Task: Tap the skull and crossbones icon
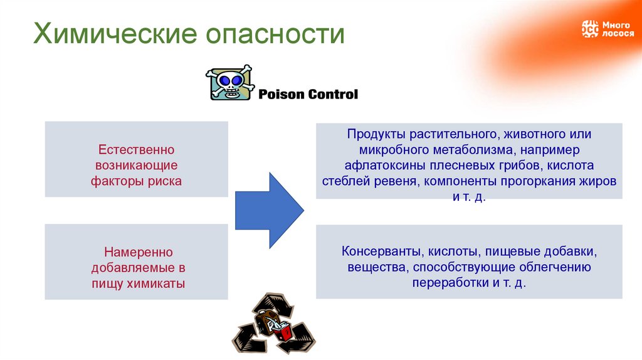[x=230, y=83]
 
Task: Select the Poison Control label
[x=308, y=95]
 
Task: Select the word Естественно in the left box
[x=136, y=150]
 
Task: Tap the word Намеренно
[x=136, y=251]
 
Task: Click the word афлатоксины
[x=386, y=166]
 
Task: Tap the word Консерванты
[x=383, y=251]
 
